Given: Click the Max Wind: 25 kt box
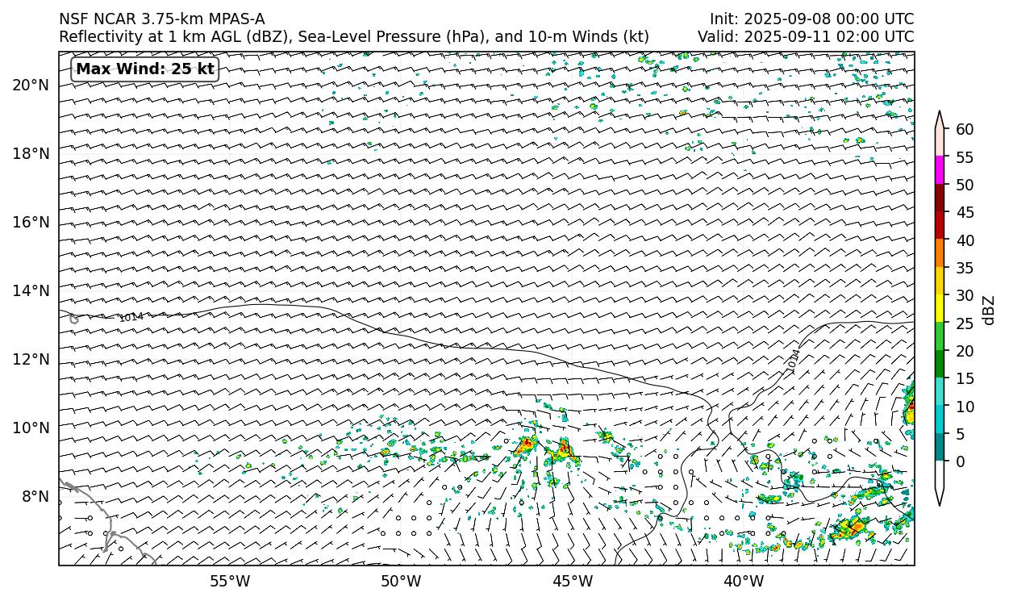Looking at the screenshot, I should (x=145, y=69).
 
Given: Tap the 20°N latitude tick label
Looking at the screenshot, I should (x=31, y=85).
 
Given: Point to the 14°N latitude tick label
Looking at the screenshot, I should (x=31, y=290).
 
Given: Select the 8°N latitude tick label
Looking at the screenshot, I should (x=35, y=496).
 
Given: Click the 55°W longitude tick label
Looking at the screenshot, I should (x=230, y=581).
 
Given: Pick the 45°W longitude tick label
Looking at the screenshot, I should (x=573, y=581).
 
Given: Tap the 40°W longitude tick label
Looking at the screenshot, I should (x=744, y=581).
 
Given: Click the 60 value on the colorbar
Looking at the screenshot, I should (x=965, y=129).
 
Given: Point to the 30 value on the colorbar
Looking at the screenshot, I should (x=965, y=295).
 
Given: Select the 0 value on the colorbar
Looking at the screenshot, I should (x=960, y=461).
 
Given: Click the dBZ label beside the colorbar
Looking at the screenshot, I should (x=989, y=311).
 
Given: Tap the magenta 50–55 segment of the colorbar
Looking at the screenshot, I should (x=940, y=170).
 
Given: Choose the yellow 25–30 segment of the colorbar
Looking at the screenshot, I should (x=940, y=309).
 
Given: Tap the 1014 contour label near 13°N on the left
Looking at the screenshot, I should (x=131, y=317).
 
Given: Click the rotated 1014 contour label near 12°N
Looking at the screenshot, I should (x=794, y=360).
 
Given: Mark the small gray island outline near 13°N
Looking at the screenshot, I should (x=74, y=319).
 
